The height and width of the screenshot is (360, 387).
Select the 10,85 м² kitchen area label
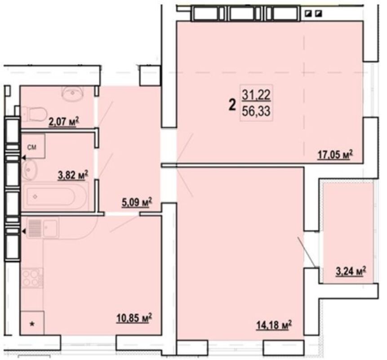point(134,318)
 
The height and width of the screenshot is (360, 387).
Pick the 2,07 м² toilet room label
point(64,121)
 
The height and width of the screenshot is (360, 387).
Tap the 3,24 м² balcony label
point(351,271)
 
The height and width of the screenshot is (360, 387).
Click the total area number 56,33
point(256,111)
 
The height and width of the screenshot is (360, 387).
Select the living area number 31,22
point(256,95)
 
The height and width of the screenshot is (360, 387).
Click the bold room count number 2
point(232,105)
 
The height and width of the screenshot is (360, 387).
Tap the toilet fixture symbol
point(34,114)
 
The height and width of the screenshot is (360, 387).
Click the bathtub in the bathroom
point(55,197)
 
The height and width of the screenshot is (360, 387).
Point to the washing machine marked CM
point(33,146)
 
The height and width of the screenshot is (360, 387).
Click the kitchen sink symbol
point(43,228)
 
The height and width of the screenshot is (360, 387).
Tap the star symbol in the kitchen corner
point(32,324)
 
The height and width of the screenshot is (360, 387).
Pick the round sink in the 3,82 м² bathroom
point(29,170)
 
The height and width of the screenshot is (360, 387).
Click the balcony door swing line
point(307,252)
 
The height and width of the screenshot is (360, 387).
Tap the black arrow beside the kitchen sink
point(24,231)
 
